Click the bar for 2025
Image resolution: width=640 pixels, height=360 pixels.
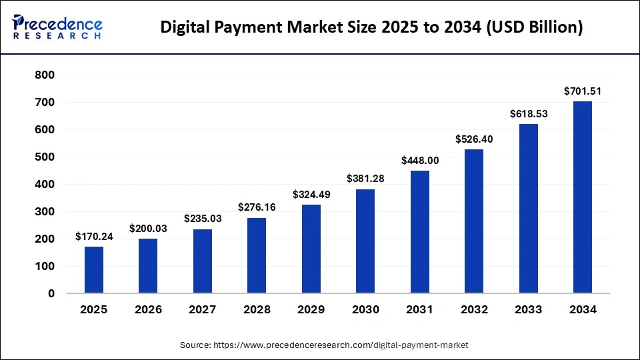pos(94,270)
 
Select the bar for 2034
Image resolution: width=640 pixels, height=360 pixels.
pos(582,197)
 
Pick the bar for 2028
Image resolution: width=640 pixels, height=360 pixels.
pos(257,255)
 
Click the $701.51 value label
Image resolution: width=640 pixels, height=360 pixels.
pos(582,91)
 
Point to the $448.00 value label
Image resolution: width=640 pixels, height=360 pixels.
pos(419,160)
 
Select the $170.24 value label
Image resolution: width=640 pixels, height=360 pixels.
pos(94,236)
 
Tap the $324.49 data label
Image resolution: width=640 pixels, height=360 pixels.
pos(311,194)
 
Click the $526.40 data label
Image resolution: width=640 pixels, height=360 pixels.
pos(474,139)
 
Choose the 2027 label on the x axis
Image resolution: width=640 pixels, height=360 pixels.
pos(203,309)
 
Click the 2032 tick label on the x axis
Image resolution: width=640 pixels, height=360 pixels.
pos(474,309)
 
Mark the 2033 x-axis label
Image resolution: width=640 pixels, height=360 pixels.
pos(528,309)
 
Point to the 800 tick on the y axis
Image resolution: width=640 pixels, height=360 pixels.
pos(45,75)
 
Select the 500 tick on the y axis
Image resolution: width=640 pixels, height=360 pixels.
pos(45,157)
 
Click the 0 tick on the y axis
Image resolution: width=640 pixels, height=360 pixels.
pos(51,293)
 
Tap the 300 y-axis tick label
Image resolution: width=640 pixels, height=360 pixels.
pos(45,212)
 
